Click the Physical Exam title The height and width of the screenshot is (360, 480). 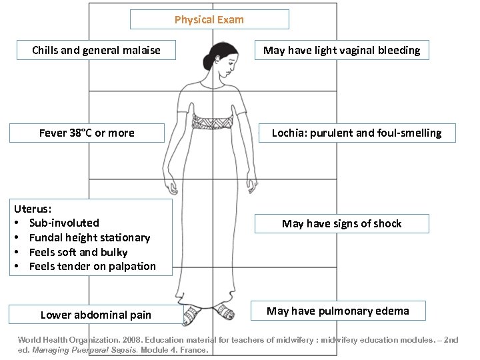click(x=209, y=19)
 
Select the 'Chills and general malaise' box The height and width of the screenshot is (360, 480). click(x=96, y=50)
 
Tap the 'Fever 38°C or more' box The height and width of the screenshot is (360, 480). click(x=87, y=133)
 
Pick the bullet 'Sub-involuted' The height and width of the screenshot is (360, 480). click(x=64, y=223)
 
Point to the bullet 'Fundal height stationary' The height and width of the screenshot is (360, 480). click(x=89, y=237)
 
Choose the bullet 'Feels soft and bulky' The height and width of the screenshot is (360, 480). click(x=78, y=252)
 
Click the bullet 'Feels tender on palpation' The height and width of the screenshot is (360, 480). click(x=92, y=266)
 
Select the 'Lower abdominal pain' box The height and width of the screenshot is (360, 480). click(x=96, y=315)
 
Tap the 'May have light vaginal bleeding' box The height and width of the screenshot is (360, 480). click(x=342, y=50)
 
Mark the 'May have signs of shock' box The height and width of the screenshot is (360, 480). click(x=342, y=223)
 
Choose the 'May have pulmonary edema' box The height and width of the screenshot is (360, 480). click(x=338, y=311)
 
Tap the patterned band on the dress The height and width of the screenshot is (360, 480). click(x=210, y=121)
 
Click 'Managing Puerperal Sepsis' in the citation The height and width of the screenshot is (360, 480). click(x=85, y=349)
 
